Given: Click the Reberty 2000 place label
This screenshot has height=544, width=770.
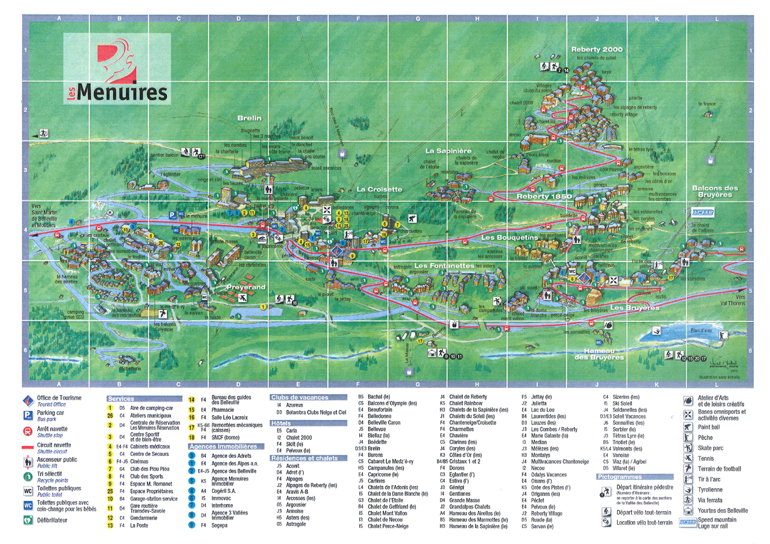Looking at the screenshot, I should point(597,50).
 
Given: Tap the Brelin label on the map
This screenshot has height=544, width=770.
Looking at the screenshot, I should point(249,118).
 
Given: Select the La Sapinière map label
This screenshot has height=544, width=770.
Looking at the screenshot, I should point(448,151).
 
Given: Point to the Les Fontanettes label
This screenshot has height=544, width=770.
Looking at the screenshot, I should point(444,266).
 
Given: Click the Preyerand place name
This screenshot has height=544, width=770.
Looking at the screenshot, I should point(246,287).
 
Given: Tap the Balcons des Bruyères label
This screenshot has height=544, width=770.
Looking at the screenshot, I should point(714,191).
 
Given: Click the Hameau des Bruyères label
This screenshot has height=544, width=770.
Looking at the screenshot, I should point(599,354).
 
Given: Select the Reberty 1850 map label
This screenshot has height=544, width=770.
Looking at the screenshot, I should point(544,197).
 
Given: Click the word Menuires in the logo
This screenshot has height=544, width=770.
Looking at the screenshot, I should point(122,92).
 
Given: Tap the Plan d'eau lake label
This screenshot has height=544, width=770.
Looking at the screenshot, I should point(701,330).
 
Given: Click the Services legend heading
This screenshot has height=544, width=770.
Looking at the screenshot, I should point(121,399).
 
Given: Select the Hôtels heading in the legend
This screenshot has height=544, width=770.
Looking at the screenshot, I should point(281,423).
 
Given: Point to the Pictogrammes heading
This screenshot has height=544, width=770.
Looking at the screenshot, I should point(619,477).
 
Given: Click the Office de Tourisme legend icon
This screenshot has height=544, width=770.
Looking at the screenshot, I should point(28,401).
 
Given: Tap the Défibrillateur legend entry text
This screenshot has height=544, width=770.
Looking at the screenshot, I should point(52,520).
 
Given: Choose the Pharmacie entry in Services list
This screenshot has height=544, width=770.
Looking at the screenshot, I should point(222,410).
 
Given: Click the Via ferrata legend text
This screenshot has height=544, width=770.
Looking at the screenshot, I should point(710,500).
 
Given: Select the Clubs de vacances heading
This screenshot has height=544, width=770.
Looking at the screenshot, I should point(299,397).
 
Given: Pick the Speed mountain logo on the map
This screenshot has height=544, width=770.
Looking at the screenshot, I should point(702,212).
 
